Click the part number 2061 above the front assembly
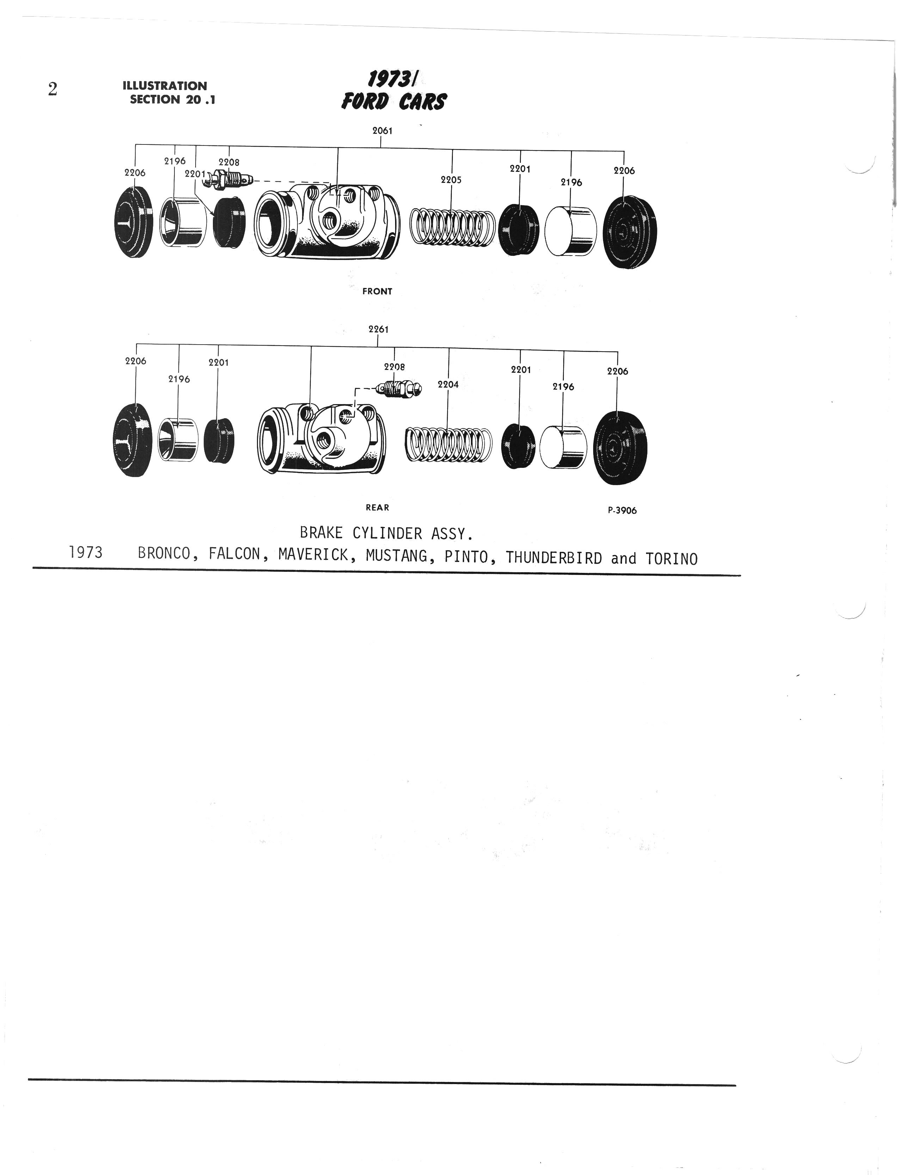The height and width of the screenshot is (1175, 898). pyautogui.click(x=382, y=130)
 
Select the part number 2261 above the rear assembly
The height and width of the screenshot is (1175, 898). pyautogui.click(x=379, y=329)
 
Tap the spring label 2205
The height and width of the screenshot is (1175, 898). pyautogui.click(x=451, y=180)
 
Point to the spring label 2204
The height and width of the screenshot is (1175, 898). pyautogui.click(x=448, y=384)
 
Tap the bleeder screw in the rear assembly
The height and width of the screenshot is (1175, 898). pyautogui.click(x=398, y=389)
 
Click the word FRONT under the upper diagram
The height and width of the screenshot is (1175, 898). pyautogui.click(x=377, y=291)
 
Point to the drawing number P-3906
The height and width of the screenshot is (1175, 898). pyautogui.click(x=622, y=510)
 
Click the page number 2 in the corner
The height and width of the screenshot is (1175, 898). pyautogui.click(x=53, y=89)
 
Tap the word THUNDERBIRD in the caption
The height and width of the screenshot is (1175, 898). pyautogui.click(x=554, y=558)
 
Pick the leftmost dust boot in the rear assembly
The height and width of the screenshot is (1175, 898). pyautogui.click(x=133, y=440)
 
